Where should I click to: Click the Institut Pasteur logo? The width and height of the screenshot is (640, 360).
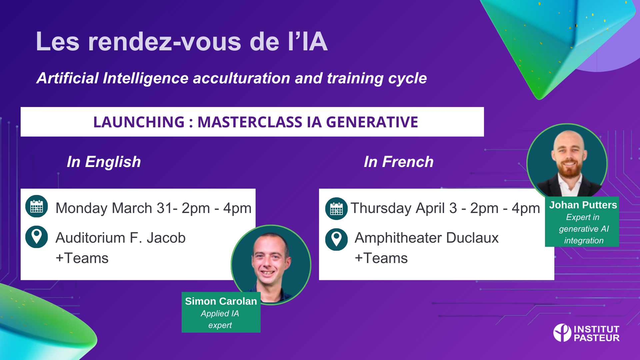tap(586, 333)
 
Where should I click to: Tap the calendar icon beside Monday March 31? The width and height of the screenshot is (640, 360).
tap(37, 206)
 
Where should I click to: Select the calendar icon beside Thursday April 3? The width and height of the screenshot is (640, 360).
tap(336, 209)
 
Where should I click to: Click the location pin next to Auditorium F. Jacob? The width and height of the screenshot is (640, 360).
tap(37, 237)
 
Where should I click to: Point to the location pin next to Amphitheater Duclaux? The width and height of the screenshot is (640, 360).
tap(336, 239)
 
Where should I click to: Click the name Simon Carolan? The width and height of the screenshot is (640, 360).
tap(221, 301)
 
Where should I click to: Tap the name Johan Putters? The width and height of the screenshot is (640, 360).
tap(583, 205)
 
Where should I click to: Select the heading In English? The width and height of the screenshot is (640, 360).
tap(104, 162)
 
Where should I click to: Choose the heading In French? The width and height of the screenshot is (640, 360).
tap(399, 162)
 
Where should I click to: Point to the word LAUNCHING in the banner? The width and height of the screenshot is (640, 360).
tap(139, 122)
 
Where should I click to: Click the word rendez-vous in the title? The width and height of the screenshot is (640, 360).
tap(165, 42)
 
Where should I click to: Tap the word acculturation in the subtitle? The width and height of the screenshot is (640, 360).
tap(242, 78)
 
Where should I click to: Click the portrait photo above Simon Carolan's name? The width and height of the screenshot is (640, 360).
tap(271, 265)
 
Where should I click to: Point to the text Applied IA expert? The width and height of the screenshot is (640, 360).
tap(220, 319)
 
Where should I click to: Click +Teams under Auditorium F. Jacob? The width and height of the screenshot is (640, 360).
tap(82, 258)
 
